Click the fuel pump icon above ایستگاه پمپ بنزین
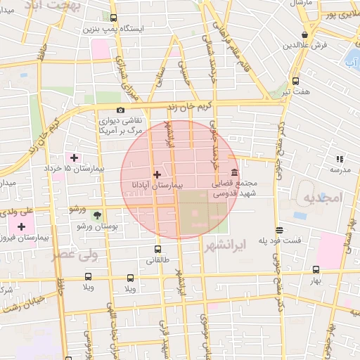point(114,19)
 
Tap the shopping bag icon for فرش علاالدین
point(304,34)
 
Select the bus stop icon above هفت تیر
point(295,81)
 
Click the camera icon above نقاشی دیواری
point(121,110)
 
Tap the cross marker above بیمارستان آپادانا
point(156,174)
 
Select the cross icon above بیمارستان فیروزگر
point(23,226)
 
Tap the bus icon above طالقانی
point(156,249)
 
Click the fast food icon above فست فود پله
point(280,230)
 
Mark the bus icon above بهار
point(315,269)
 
